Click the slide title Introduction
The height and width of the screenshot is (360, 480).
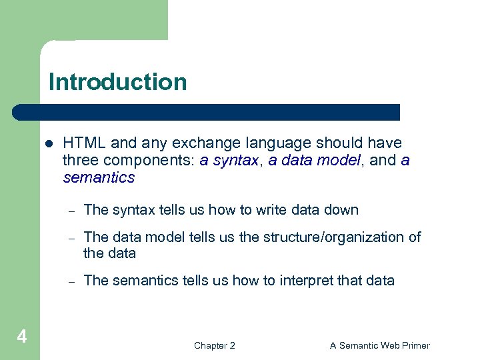(x=117, y=82)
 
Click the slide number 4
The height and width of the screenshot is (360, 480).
(x=21, y=337)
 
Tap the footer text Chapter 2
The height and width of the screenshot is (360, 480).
(x=214, y=345)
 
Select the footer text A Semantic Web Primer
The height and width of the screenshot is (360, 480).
(x=379, y=345)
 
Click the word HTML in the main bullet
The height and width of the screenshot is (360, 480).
(x=85, y=143)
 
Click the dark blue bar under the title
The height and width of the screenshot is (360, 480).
(x=207, y=112)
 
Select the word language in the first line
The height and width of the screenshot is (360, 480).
(x=267, y=143)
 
